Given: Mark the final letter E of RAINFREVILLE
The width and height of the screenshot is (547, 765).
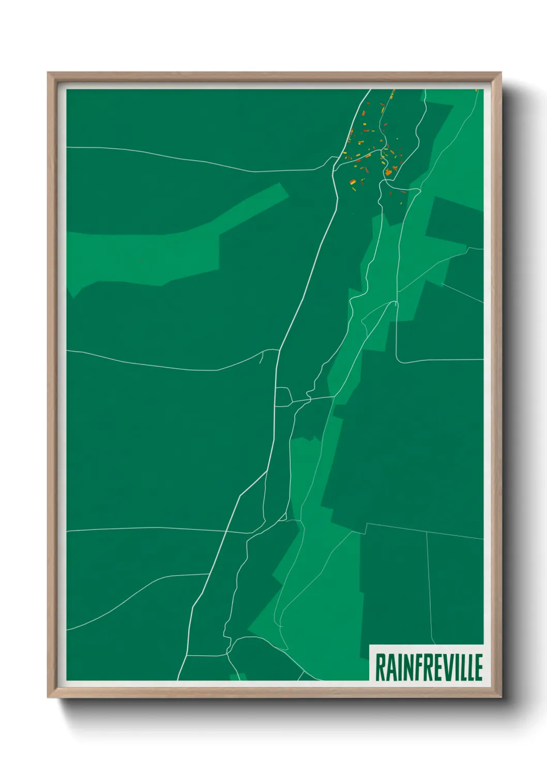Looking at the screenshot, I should [478, 667].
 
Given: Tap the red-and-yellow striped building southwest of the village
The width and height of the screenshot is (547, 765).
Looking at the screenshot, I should [352, 181].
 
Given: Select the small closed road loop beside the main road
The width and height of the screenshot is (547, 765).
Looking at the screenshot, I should [283, 397].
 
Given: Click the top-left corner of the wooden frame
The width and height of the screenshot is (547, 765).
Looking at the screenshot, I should [48, 73].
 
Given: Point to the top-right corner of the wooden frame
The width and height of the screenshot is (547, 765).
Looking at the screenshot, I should [501, 73].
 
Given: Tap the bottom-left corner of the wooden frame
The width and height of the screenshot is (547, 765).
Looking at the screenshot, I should [48, 697].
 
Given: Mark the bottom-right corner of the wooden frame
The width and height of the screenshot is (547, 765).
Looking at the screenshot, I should [501, 697].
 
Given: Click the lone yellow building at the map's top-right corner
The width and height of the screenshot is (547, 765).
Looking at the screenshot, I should [477, 90].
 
